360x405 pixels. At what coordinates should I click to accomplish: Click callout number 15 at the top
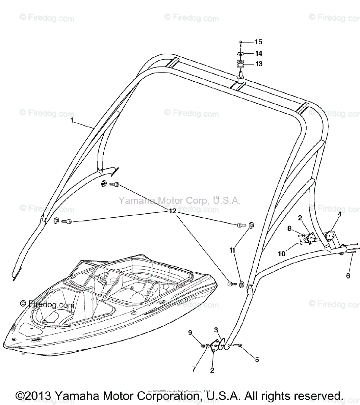[x=258, y=42]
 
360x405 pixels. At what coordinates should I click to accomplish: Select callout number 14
[x=259, y=53]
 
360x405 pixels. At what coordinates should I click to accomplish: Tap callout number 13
[x=259, y=64]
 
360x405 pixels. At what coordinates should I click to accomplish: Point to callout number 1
[x=72, y=120]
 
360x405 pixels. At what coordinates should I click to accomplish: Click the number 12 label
[x=173, y=211]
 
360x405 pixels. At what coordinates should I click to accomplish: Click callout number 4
[x=339, y=214]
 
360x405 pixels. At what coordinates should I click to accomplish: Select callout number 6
[x=348, y=276]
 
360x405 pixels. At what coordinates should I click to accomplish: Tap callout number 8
[x=289, y=228]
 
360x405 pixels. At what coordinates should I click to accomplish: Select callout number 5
[x=257, y=360]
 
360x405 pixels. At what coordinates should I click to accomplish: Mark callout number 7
[x=194, y=369]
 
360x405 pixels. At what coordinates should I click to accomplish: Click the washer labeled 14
[x=240, y=54]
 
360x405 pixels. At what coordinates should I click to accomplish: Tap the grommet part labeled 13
[x=240, y=64]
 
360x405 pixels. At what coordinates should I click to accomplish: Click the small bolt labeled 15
[x=240, y=43]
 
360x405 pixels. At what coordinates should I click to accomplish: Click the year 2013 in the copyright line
[x=37, y=396]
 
